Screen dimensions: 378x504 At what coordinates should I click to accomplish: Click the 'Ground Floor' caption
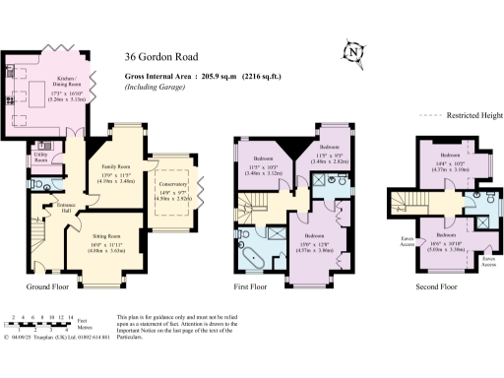point(46,286)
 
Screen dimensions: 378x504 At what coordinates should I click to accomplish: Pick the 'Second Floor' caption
point(435,286)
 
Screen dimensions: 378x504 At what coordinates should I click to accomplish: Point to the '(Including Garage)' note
point(158,89)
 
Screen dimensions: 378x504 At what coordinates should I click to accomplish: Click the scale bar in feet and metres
point(39,321)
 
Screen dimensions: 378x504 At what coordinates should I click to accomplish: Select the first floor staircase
point(253,210)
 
